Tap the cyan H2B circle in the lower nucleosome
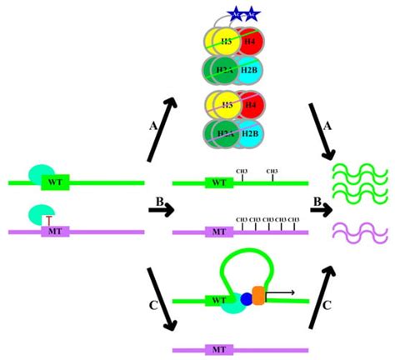coord(249,138)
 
